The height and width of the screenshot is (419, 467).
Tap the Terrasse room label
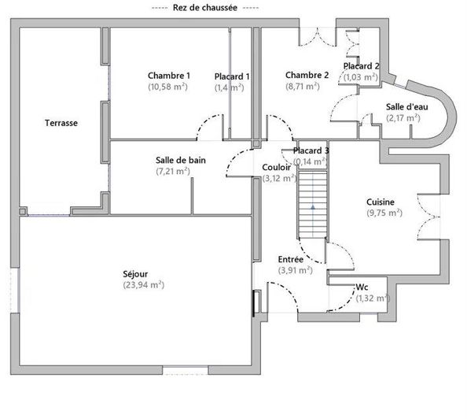[61, 123]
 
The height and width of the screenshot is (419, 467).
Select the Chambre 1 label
[169, 76]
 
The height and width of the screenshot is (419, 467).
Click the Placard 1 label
[232, 76]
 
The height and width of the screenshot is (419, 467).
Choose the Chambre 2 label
[307, 76]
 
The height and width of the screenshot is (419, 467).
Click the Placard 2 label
[362, 66]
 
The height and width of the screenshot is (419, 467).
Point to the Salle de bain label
[181, 160]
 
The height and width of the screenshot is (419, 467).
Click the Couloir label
[277, 167]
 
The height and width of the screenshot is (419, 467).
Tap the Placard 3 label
[311, 150]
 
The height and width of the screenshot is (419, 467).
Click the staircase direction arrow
[313, 206]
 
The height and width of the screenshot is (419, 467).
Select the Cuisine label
[381, 202]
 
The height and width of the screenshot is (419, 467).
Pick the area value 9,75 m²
[384, 213]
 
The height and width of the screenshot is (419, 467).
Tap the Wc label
[362, 287]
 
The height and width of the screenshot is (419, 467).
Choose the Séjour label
[136, 274]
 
